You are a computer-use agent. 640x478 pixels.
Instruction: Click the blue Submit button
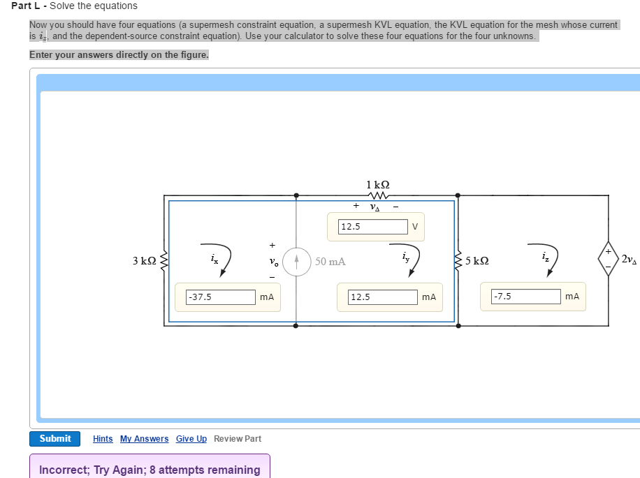pyautogui.click(x=55, y=438)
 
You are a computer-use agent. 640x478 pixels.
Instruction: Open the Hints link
pyautogui.click(x=103, y=439)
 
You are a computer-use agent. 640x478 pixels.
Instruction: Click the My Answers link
pyautogui.click(x=144, y=439)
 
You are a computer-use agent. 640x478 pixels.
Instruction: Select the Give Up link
pyautogui.click(x=191, y=439)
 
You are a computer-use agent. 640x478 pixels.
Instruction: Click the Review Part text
pyautogui.click(x=238, y=439)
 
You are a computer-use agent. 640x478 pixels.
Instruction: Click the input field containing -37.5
pyautogui.click(x=220, y=297)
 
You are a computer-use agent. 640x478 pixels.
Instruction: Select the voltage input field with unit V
pyautogui.click(x=372, y=227)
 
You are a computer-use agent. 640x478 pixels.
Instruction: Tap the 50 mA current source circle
pyautogui.click(x=296, y=262)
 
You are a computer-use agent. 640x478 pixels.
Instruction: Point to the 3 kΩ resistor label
pyautogui.click(x=144, y=261)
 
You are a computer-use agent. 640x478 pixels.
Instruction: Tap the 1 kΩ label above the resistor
pyautogui.click(x=377, y=185)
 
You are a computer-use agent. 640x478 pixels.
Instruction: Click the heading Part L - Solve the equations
pyautogui.click(x=75, y=6)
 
